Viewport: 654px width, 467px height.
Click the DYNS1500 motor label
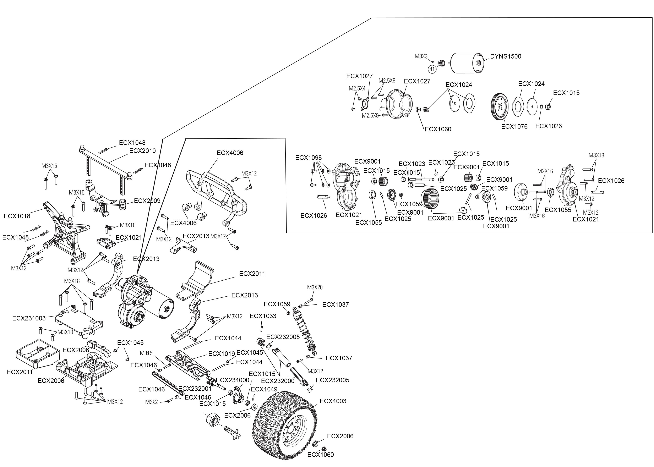(506, 56)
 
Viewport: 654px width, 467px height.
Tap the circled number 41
(432, 69)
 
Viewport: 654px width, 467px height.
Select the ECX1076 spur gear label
(514, 127)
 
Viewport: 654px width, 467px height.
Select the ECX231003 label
(29, 318)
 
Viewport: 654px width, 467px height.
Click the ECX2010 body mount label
(142, 151)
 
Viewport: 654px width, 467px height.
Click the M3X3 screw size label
(421, 56)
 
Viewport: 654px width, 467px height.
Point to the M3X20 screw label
(315, 287)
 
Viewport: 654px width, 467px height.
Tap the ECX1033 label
(263, 316)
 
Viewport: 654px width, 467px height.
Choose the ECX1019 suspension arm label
(222, 354)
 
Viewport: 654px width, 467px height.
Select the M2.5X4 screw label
(357, 89)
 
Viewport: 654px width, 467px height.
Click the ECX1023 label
(412, 164)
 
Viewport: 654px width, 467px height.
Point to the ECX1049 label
(264, 389)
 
